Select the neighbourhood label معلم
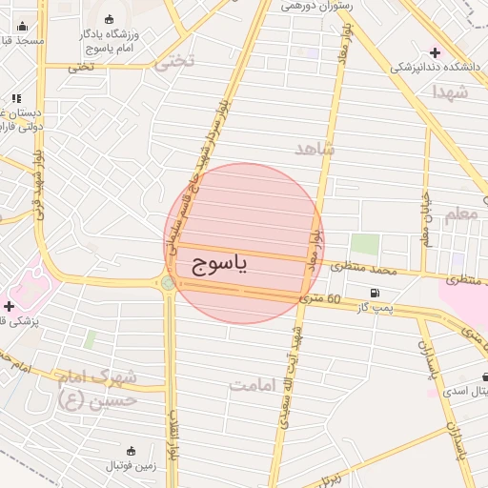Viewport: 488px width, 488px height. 461,214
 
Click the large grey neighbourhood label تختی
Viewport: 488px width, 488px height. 174,61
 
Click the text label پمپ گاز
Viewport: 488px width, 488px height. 375,308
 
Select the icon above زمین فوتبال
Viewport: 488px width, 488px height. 131,449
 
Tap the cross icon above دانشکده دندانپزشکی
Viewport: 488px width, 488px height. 436,52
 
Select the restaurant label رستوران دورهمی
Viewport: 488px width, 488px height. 317,7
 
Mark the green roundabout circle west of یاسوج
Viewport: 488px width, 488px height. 168,282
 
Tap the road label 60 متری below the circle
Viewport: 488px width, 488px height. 320,299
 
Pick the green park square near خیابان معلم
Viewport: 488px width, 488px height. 364,244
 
